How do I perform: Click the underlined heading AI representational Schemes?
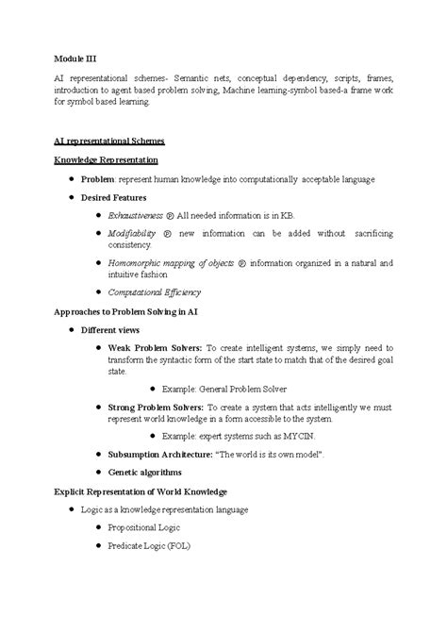tap(108, 141)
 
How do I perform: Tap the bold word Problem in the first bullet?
tap(97, 179)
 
